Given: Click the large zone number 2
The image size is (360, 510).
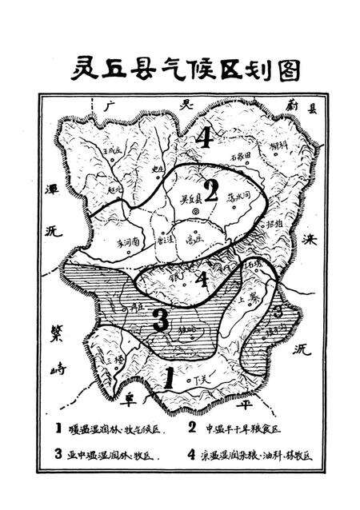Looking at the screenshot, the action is coord(211,191).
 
